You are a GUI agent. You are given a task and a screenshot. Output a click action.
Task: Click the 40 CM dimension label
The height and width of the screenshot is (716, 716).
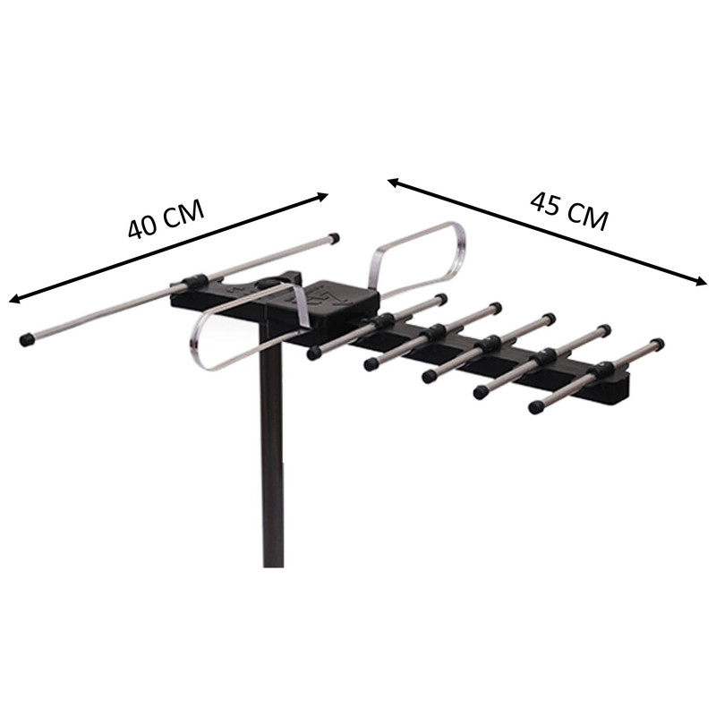[x=166, y=219]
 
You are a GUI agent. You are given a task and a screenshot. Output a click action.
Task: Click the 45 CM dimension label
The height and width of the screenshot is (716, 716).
[x=569, y=211]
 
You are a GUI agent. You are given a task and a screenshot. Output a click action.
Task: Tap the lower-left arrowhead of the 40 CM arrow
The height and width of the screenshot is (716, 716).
[x=14, y=300]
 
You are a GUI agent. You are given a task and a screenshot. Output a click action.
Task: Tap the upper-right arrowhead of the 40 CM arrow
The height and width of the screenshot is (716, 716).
[x=322, y=197]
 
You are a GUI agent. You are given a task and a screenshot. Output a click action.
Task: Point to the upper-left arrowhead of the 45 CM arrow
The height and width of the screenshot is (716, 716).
[x=394, y=183]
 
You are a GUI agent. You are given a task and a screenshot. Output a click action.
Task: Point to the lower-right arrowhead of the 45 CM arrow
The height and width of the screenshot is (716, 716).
[x=701, y=281]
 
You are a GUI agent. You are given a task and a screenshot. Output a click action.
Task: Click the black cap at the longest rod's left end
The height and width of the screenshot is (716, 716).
[x=27, y=339]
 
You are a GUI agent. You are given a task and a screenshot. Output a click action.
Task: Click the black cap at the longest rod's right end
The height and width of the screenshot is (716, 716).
[x=334, y=237]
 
